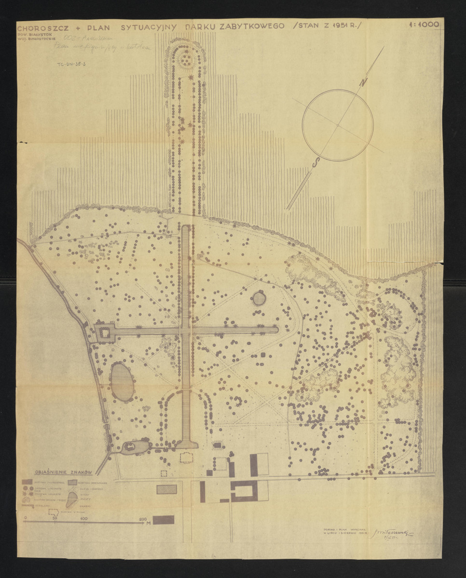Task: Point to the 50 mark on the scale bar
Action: coord(55,519)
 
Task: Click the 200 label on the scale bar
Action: coord(142,519)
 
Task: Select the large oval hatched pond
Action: coord(122,381)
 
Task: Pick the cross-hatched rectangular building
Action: coord(166,489)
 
